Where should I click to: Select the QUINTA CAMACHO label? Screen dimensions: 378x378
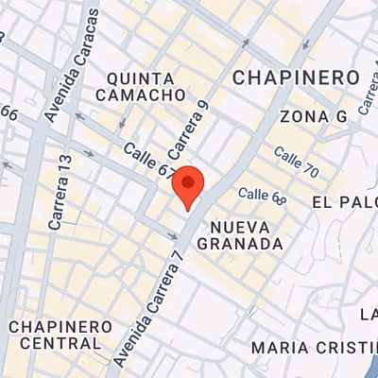141,86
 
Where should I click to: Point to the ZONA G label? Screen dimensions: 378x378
314,115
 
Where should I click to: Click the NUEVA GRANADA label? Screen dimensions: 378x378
240,235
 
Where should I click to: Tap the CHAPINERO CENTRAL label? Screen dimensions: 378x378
61,335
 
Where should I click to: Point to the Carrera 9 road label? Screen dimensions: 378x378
186,129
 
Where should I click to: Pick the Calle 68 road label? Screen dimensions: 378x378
262,195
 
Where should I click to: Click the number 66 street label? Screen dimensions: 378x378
9,112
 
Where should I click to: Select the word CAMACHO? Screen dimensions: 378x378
141,94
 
